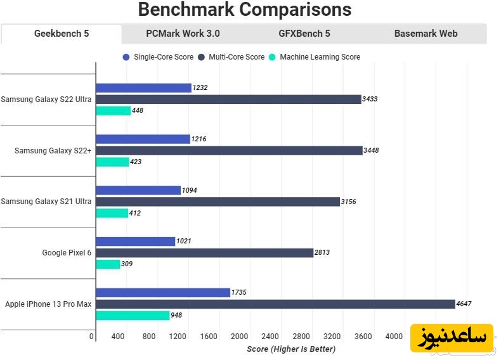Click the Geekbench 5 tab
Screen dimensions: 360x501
click(62, 34)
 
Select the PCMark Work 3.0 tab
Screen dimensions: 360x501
click(183, 34)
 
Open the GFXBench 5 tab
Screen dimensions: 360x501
click(304, 34)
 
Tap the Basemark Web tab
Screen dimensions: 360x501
click(426, 34)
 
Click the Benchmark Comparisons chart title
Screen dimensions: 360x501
click(244, 10)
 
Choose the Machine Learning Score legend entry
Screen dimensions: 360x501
click(319, 57)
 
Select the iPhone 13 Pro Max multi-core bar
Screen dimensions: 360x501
click(275, 304)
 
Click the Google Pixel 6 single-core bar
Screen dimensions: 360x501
click(135, 241)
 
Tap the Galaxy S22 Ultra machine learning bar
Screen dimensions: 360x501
click(113, 111)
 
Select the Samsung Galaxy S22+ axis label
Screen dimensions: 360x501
click(53, 150)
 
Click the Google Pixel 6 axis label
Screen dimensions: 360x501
click(67, 253)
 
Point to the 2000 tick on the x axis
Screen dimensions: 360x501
click(239, 337)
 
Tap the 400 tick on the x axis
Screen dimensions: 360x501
click(117, 337)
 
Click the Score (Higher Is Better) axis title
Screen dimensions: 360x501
click(290, 349)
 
